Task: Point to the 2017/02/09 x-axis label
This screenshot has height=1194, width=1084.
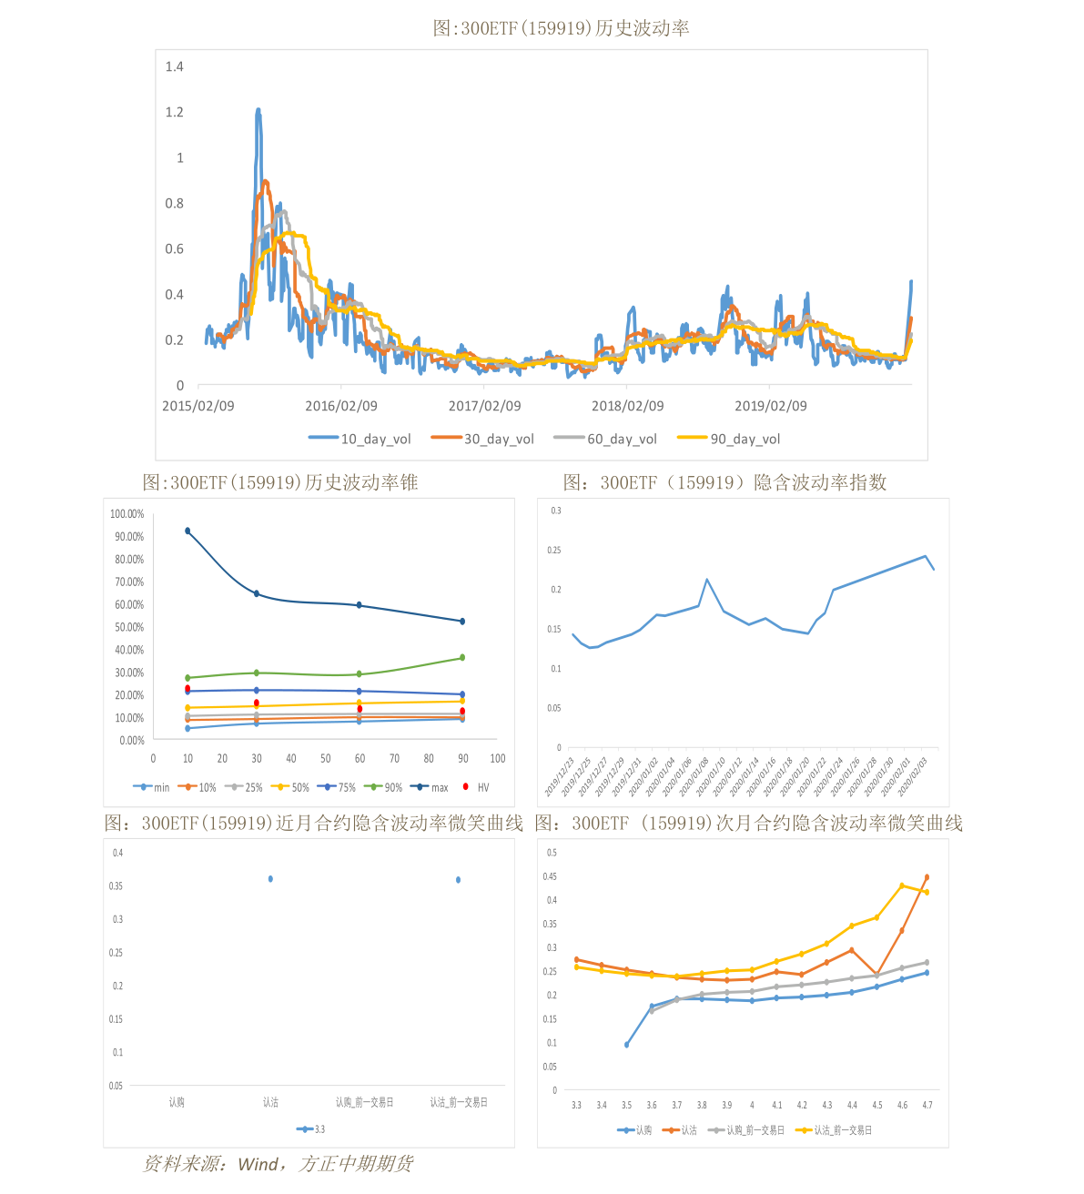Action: coord(484,406)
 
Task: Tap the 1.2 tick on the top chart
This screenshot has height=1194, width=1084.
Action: coord(174,112)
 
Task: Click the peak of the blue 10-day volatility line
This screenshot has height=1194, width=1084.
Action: coord(258,110)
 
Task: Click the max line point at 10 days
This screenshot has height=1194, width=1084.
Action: coord(187,531)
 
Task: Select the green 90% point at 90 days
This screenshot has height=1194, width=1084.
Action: coord(462,657)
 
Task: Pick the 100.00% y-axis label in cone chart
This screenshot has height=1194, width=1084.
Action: coord(127,514)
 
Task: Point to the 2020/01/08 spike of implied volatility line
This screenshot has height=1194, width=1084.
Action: coord(707,580)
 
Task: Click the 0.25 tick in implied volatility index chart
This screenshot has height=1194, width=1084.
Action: coord(554,550)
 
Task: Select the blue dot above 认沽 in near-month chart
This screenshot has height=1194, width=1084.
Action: coord(270,879)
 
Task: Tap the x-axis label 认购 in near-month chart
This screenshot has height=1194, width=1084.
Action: coord(177,1102)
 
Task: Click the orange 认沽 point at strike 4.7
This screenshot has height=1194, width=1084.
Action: coord(927,877)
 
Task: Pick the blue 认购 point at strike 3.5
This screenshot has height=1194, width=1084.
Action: coord(626,1045)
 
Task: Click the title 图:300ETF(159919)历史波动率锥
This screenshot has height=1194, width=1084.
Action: coord(280,482)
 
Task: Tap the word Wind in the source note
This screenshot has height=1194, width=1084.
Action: coord(258,1165)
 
